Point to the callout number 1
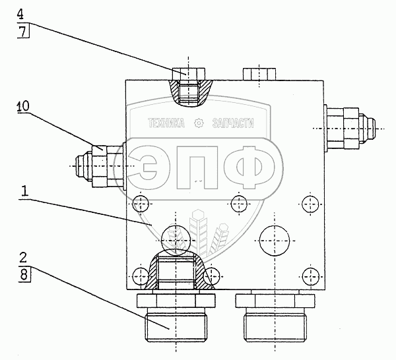click(x=24, y=192)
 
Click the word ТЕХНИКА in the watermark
click(x=167, y=123)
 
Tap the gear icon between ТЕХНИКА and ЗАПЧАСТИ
click(x=200, y=123)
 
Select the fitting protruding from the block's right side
click(x=349, y=125)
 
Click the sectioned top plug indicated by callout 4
click(x=189, y=87)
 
